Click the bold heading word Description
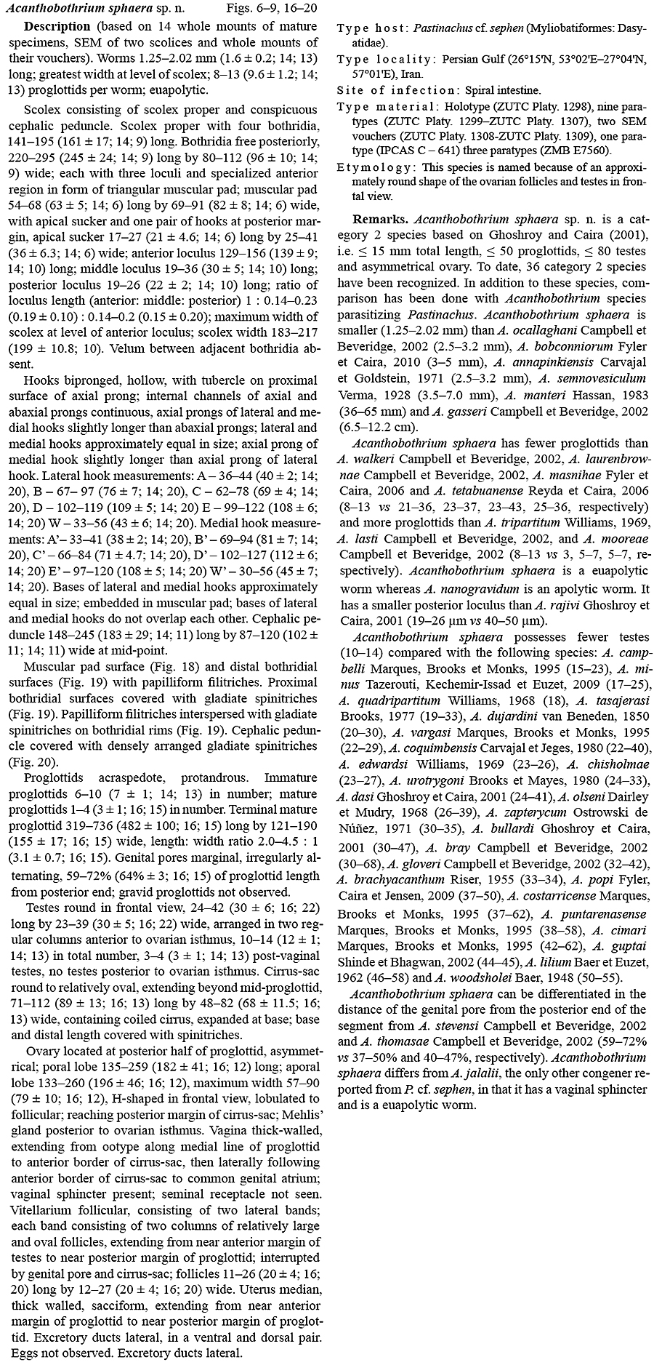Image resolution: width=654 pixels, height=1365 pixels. [57, 27]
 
